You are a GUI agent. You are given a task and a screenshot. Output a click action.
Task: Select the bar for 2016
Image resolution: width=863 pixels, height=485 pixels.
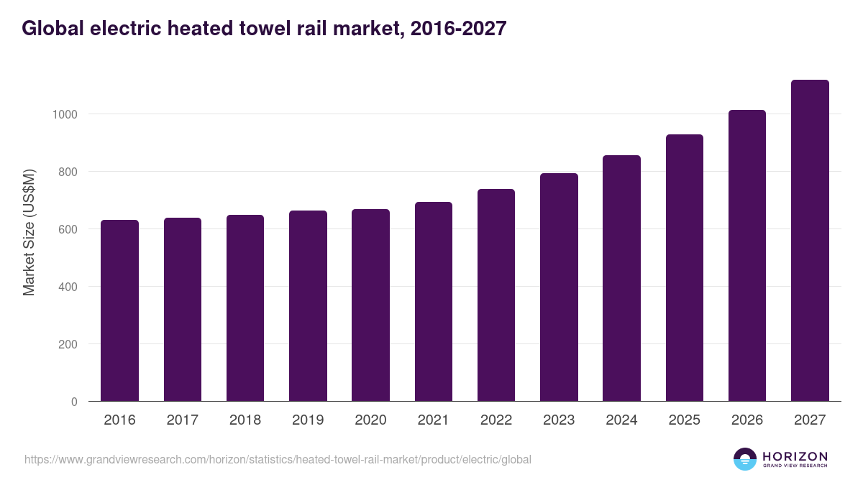point(119,310)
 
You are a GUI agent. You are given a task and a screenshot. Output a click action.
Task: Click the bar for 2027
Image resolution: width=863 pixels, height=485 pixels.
point(810,241)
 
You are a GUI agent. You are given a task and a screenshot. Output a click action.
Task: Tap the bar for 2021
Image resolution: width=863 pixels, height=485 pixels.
point(434,302)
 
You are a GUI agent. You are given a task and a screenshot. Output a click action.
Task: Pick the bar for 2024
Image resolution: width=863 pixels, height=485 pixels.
point(621,278)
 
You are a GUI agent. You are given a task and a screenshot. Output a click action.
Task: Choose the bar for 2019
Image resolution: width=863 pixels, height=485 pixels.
point(308,306)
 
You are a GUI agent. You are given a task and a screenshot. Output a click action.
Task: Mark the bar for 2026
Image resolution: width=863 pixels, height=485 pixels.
point(747,256)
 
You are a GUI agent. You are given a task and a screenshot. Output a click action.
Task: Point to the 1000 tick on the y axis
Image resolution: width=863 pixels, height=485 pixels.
point(64,114)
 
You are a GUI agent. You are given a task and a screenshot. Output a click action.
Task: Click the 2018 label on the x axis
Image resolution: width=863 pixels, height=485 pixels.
point(245,420)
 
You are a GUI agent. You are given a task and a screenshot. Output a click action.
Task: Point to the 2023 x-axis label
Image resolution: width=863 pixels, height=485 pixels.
point(559,420)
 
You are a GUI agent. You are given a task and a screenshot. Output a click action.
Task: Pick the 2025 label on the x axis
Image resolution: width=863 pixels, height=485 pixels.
point(685,420)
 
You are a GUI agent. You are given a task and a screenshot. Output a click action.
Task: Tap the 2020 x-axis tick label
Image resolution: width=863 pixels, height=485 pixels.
point(370,420)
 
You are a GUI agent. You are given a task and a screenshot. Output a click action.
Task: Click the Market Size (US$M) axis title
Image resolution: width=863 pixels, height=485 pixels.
point(29,232)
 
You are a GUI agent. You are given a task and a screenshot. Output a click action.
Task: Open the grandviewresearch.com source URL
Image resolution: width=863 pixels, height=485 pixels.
point(278,459)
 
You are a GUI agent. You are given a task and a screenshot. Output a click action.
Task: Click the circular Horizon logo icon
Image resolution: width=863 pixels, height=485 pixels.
point(745,459)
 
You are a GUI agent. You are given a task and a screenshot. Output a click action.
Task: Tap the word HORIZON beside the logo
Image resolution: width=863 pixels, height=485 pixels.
point(795,456)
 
